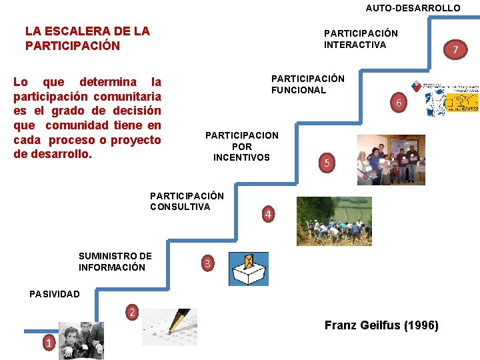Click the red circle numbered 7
pyautogui.click(x=455, y=49)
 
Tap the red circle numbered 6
pyautogui.click(x=398, y=103)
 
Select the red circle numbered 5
pyautogui.click(x=327, y=162)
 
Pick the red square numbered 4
pyautogui.click(x=267, y=214)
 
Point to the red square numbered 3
pyautogui.click(x=207, y=264)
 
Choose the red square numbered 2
pyautogui.click(x=132, y=312)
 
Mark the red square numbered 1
pyautogui.click(x=47, y=343)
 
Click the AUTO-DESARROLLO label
pyautogui.click(x=413, y=8)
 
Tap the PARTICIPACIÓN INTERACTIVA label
pyautogui.click(x=361, y=39)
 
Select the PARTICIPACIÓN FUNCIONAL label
pyautogui.click(x=307, y=84)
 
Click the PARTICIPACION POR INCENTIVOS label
pyautogui.click(x=241, y=146)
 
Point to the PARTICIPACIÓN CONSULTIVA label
pyautogui.click(x=187, y=201)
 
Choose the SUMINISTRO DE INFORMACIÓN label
pyautogui.click(x=115, y=261)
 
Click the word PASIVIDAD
pyautogui.click(x=54, y=294)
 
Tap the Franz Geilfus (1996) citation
pyautogui.click(x=381, y=325)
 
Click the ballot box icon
pyautogui.click(x=248, y=269)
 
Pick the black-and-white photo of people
pyautogui.click(x=81, y=340)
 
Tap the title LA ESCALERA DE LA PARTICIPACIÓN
pyautogui.click(x=87, y=38)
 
